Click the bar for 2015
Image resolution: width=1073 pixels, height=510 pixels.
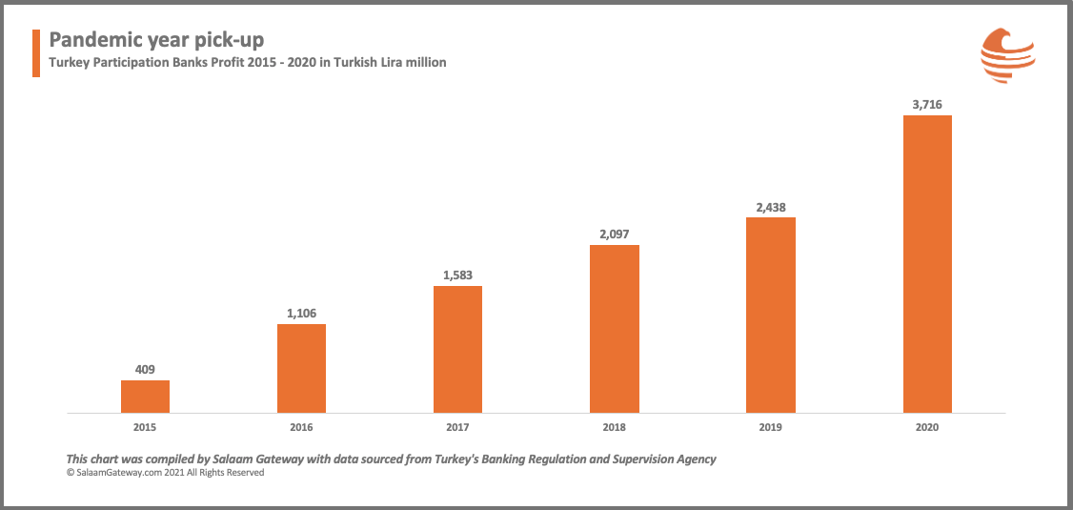(145, 397)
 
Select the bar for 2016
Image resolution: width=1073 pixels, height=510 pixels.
(301, 368)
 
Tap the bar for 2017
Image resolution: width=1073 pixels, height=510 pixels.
(457, 349)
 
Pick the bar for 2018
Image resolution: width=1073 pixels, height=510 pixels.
(615, 329)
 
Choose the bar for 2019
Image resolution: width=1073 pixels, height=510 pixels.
(771, 315)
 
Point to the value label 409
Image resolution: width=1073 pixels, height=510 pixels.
(145, 369)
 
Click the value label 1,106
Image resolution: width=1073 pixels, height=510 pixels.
(301, 313)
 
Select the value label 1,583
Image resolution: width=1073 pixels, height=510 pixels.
(457, 275)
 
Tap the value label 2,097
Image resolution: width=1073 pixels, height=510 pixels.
(615, 234)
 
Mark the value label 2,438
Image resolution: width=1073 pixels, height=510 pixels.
(771, 206)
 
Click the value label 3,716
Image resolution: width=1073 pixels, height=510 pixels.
(927, 104)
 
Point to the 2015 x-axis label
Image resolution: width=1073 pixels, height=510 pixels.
(145, 427)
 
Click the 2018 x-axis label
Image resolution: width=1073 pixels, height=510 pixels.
(615, 427)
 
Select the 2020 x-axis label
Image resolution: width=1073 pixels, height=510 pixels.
(927, 427)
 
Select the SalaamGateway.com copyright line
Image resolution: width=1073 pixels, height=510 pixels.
(164, 472)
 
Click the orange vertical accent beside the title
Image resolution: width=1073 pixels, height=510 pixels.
(36, 52)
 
